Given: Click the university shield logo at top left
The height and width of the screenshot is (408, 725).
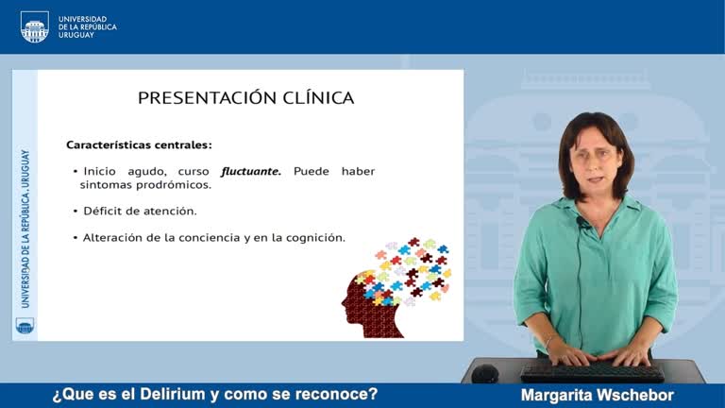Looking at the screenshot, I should (34, 26).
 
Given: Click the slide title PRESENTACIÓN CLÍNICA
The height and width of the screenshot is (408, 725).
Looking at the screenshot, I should (245, 97).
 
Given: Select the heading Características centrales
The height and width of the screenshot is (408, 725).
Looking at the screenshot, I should (139, 144).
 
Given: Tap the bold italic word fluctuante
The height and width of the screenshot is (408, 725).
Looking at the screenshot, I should (251, 171).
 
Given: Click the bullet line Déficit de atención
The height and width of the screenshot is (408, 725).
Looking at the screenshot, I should (140, 211).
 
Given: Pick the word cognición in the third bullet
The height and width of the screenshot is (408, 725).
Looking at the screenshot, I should (315, 237).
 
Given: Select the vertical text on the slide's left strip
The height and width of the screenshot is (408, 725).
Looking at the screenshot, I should (25, 228).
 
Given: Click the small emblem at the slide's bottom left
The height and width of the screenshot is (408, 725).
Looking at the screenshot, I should (25, 325).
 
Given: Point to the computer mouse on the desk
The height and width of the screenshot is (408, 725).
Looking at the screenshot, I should (485, 372).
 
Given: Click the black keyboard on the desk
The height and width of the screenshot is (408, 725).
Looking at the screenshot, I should (592, 371).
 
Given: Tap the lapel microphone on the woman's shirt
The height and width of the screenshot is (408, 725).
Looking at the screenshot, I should (580, 222).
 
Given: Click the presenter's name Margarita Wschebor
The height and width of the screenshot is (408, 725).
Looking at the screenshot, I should (597, 395).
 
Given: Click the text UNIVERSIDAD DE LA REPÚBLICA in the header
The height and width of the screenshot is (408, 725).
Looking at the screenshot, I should (87, 23).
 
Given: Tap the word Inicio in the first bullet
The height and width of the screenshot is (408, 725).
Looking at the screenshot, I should (102, 171).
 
